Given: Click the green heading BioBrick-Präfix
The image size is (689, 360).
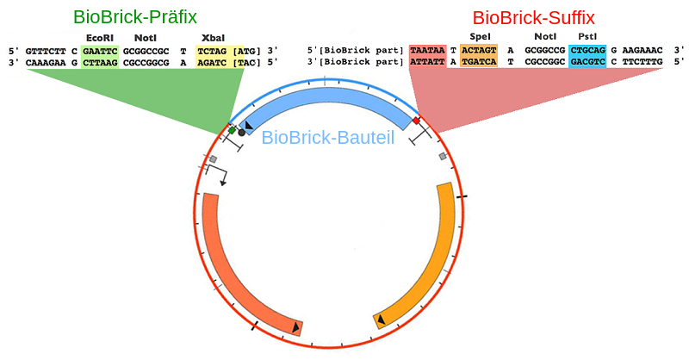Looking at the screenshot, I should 135,17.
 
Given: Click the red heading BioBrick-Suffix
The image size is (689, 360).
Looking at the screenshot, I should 533,17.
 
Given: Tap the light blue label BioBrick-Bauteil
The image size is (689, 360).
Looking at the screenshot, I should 327,137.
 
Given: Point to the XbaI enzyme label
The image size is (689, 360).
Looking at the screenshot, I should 213,38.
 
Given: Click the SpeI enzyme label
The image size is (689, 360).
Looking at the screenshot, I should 480,36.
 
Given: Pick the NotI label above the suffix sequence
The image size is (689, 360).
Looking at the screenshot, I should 545,36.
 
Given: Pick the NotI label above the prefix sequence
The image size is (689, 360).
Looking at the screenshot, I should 146,38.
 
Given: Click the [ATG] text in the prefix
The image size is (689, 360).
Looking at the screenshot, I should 245,51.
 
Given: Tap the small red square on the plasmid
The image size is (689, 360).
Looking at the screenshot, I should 416,121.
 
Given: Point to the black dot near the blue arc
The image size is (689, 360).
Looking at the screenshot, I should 241,132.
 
